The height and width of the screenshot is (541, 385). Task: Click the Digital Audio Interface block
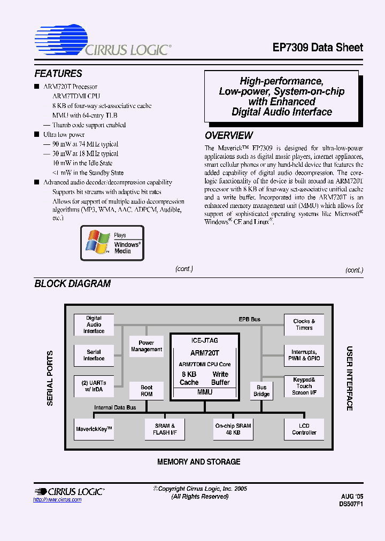94,324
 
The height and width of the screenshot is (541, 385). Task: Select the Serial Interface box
94,355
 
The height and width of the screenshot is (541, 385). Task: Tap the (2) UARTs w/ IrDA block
94,386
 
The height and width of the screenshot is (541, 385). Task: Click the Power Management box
146,346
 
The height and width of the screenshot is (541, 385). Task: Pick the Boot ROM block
146,391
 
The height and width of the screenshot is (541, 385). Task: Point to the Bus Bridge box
261,391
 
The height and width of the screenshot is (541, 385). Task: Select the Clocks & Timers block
304,324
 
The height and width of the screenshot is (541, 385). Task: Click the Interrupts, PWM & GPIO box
304,355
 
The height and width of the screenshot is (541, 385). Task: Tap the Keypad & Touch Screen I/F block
304,386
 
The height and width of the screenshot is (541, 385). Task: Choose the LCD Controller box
304,429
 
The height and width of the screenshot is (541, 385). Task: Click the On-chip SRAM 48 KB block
233,429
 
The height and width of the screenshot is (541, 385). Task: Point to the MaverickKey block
94,429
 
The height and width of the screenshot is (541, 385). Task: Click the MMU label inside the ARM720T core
204,392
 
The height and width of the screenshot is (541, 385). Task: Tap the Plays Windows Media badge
112,243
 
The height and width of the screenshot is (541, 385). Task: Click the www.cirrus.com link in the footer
57,500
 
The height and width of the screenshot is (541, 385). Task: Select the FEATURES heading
58,74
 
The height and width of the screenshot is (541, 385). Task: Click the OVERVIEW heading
229,136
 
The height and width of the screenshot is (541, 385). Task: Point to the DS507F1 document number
351,504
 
